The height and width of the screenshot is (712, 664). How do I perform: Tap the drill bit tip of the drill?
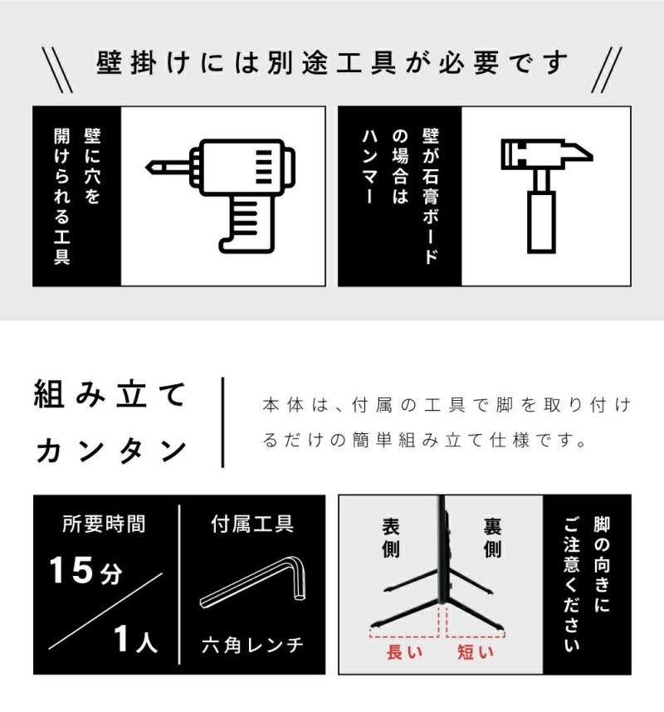[146, 168]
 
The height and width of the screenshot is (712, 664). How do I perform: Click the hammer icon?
[546, 196]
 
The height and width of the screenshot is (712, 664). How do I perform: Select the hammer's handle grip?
[541, 222]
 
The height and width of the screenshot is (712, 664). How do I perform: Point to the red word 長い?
[404, 652]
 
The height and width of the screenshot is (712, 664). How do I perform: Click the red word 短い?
[475, 652]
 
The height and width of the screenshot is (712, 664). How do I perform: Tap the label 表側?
[391, 538]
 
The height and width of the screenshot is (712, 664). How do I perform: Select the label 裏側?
[492, 538]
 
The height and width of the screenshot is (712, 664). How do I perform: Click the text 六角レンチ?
[252, 645]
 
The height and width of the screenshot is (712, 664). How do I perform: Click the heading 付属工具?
[252, 524]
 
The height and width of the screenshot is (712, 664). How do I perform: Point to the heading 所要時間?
[104, 524]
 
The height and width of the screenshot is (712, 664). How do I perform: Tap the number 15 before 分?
[71, 570]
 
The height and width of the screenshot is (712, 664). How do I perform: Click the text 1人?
[135, 639]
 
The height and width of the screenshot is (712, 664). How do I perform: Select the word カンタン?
[111, 451]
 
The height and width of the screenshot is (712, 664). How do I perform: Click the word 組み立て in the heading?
[110, 395]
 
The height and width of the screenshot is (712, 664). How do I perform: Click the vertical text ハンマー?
[369, 167]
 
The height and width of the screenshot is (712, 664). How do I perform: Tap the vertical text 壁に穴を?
[92, 166]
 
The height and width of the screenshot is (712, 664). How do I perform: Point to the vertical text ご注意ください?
[571, 585]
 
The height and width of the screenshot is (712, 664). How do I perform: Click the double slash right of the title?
[607, 70]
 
